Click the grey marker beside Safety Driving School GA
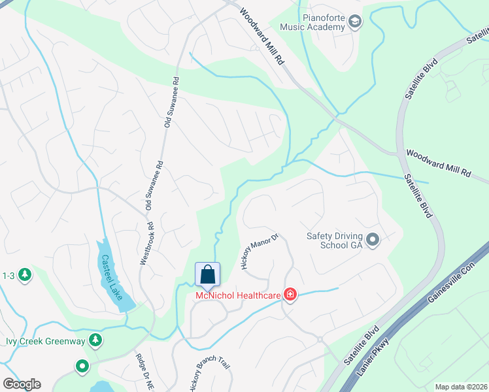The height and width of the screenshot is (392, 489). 373,240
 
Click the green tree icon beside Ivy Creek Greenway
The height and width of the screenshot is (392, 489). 95,340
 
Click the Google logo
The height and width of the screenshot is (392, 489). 22,384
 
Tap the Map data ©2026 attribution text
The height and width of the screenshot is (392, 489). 461,387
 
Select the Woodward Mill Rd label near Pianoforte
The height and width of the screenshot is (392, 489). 262,35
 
